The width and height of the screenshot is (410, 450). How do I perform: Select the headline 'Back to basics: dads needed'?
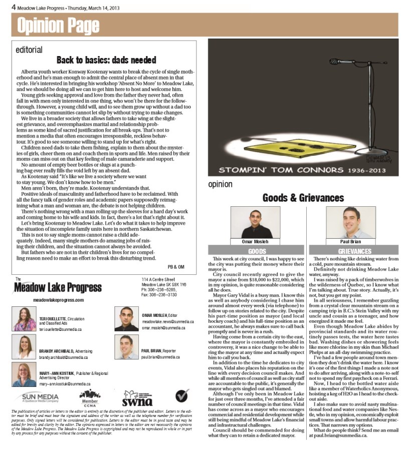point(106,60)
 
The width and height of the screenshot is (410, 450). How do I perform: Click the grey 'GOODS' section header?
point(257,251)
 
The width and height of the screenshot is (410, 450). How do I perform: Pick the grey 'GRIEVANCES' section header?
point(354,251)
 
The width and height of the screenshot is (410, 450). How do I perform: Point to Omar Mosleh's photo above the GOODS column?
point(257,222)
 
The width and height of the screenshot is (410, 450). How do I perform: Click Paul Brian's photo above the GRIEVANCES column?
point(354,222)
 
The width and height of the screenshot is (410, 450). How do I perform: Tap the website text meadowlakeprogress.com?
point(58,299)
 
